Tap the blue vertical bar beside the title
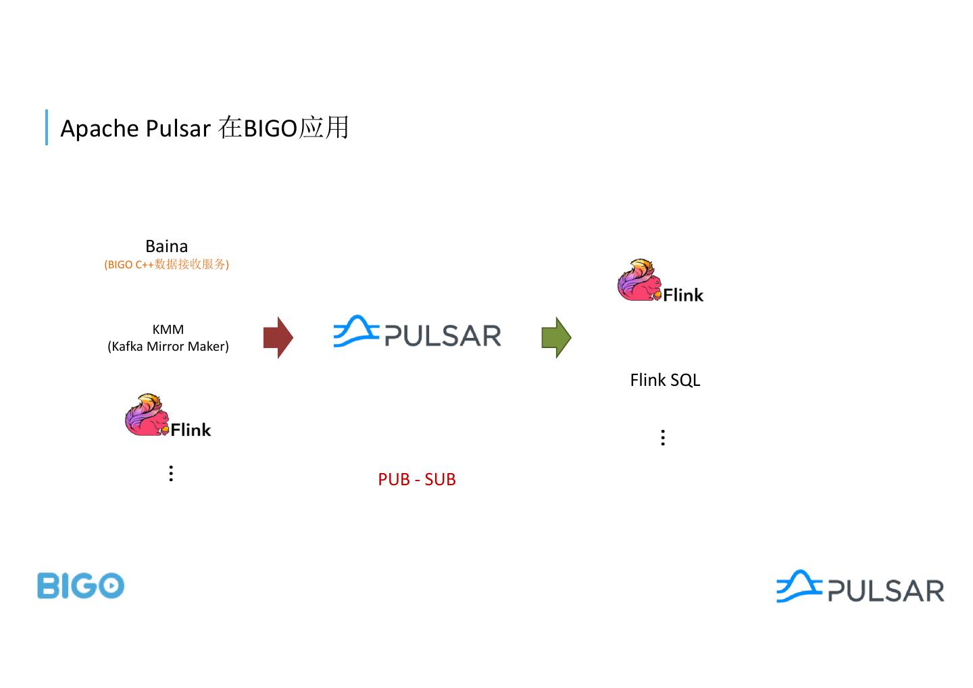click(47, 127)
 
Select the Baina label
click(166, 246)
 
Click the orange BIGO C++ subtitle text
click(166, 264)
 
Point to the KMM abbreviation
click(168, 329)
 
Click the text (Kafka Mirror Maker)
click(168, 346)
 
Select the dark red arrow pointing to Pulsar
click(278, 337)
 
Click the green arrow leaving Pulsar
click(556, 337)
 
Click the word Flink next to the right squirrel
click(683, 295)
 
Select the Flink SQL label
click(665, 380)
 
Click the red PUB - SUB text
click(416, 479)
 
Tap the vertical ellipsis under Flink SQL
click(663, 437)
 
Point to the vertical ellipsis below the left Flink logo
click(171, 473)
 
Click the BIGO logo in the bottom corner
click(80, 585)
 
